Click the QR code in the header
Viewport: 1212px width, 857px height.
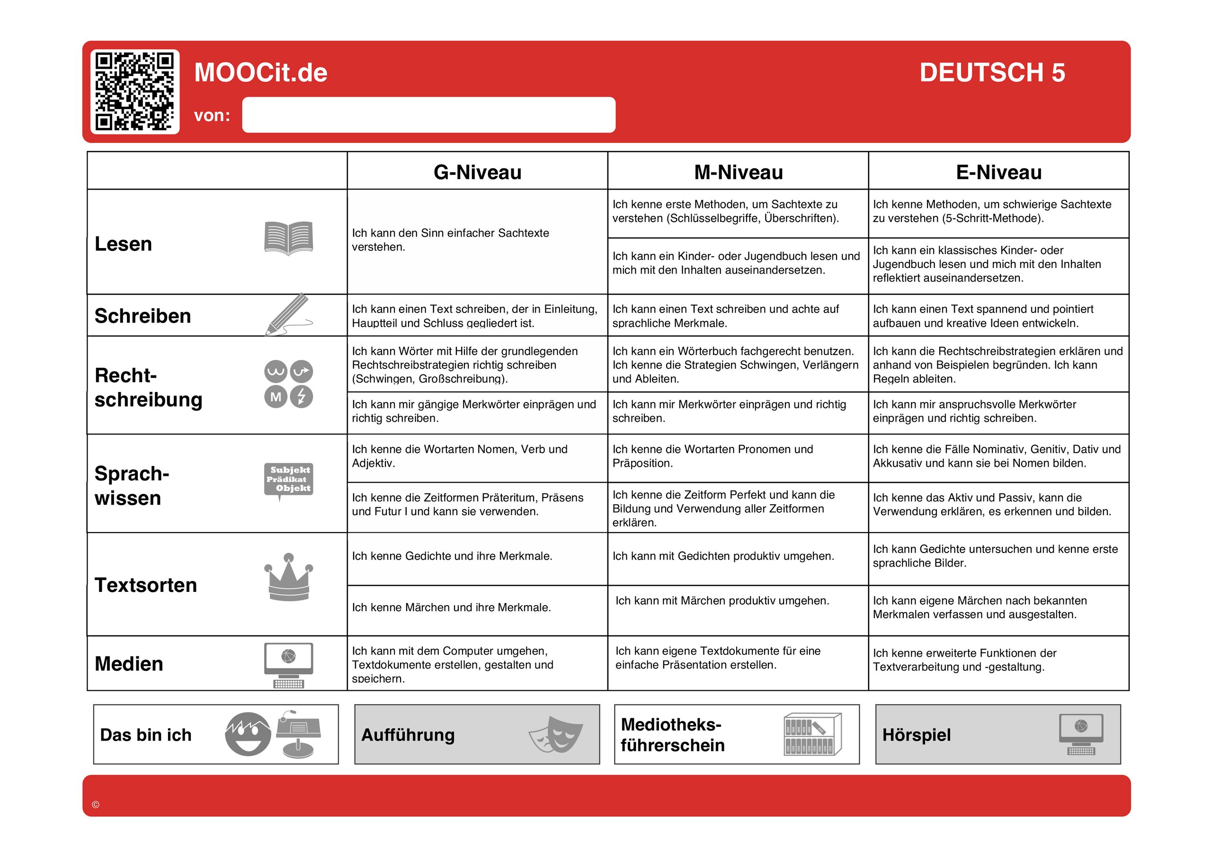tap(134, 91)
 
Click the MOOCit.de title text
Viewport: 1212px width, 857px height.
tap(261, 72)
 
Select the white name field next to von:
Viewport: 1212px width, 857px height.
tap(428, 115)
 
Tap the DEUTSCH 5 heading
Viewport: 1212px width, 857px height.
tap(992, 72)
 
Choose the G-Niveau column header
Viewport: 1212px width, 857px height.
tap(477, 172)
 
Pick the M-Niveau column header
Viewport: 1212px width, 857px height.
tap(738, 172)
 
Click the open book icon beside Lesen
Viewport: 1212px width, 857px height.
tap(288, 238)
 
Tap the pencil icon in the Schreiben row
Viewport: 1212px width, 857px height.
tap(288, 314)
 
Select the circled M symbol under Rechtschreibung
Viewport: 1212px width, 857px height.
tap(276, 397)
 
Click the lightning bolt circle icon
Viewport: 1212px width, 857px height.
tap(302, 397)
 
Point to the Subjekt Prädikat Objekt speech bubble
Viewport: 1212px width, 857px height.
tap(288, 480)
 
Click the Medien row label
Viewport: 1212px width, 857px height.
tap(129, 664)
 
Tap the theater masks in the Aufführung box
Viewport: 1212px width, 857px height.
tap(556, 734)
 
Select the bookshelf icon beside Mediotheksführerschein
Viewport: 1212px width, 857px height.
tap(812, 734)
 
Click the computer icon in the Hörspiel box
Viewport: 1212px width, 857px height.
tap(1080, 734)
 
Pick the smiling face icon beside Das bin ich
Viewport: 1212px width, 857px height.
tap(248, 734)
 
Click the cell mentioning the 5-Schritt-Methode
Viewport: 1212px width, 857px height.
tap(998, 212)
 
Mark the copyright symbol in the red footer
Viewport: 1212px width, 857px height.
tap(96, 805)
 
